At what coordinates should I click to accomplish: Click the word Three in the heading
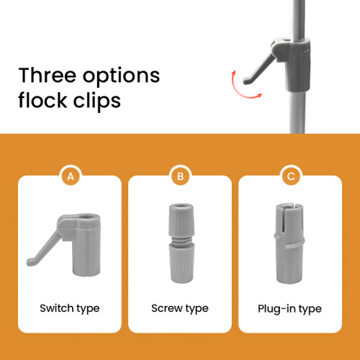tap(47, 75)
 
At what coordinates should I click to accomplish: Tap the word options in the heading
tap(121, 77)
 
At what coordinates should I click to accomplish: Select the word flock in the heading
tap(42, 99)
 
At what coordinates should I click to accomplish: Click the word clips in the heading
tap(96, 101)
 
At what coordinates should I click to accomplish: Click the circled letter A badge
tap(71, 176)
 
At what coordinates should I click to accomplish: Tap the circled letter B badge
tap(180, 176)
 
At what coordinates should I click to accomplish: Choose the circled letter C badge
tap(291, 176)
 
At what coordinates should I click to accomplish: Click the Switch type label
tap(70, 309)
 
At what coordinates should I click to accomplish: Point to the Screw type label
tap(180, 309)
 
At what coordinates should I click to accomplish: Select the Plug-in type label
tap(289, 309)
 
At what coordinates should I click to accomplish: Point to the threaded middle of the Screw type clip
tap(181, 240)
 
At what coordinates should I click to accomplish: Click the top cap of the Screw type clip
tap(181, 220)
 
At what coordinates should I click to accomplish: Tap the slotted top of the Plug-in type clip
tap(289, 218)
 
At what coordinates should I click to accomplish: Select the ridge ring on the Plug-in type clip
tap(289, 243)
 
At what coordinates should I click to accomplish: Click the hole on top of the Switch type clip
tap(86, 217)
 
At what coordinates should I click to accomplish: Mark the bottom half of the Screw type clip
tap(181, 264)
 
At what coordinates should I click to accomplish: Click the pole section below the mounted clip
tap(297, 112)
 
